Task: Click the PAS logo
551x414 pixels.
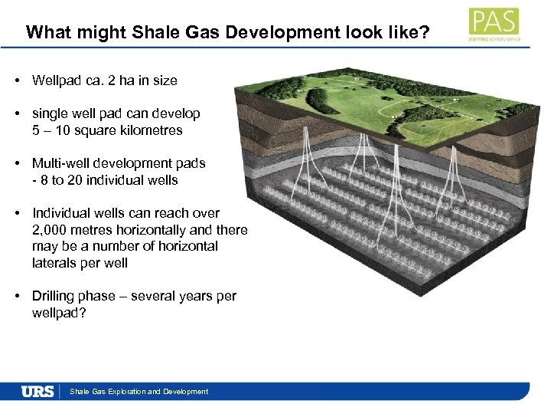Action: coord(493,25)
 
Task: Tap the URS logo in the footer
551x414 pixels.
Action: coord(37,392)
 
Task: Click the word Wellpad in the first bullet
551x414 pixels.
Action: coord(56,80)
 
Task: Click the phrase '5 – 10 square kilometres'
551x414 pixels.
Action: coord(107,130)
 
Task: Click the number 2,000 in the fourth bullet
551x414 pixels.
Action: coord(53,230)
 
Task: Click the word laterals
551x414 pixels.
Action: coord(53,263)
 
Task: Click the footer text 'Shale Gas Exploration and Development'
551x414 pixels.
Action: coord(139,392)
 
